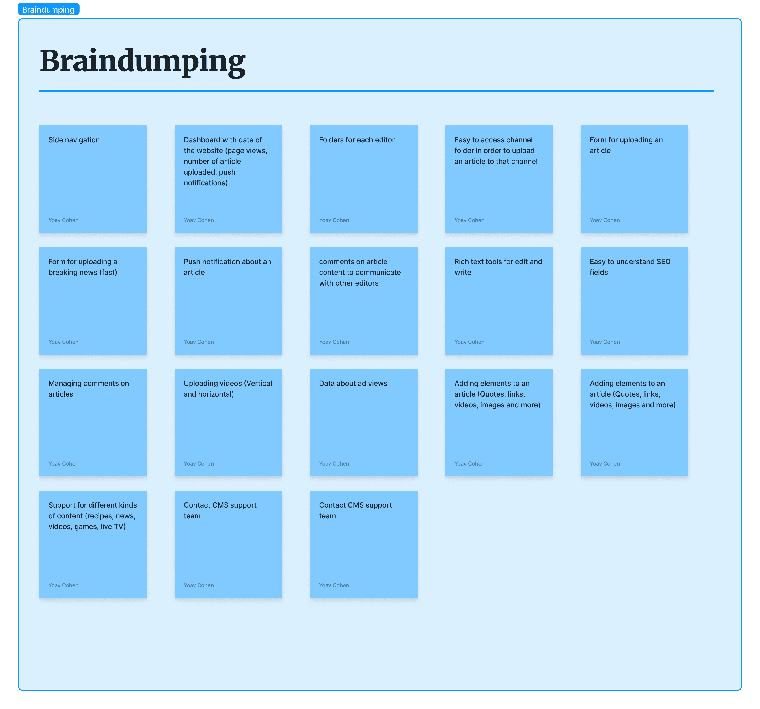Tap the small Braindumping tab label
48,10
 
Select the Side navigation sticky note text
74,140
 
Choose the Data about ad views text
353,383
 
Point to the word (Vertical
258,383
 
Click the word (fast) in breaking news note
108,272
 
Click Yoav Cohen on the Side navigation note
63,220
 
